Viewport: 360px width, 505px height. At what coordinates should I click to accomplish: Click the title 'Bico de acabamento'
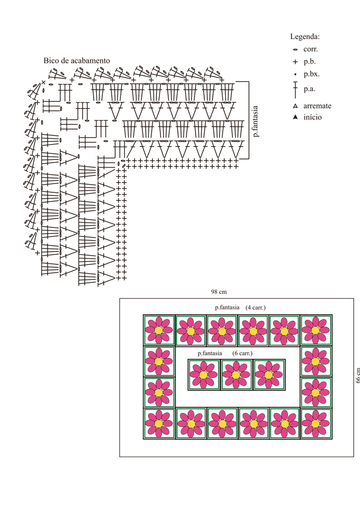pyautogui.click(x=77, y=60)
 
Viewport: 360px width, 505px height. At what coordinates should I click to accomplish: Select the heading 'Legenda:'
pyautogui.click(x=305, y=37)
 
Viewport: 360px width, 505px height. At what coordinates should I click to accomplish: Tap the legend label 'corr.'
pyautogui.click(x=311, y=49)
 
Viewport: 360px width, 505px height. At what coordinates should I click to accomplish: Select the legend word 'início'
pyautogui.click(x=313, y=117)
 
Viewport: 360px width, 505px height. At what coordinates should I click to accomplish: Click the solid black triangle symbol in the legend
pyautogui.click(x=295, y=117)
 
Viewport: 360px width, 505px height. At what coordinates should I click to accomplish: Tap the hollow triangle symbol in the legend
pyautogui.click(x=295, y=106)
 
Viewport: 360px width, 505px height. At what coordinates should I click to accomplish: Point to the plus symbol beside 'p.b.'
pyautogui.click(x=295, y=62)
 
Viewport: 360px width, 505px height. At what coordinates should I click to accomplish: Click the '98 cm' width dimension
pyautogui.click(x=219, y=292)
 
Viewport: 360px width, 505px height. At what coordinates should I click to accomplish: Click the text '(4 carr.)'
pyautogui.click(x=256, y=308)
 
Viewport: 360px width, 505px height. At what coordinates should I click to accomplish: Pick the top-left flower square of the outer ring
pyautogui.click(x=159, y=330)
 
